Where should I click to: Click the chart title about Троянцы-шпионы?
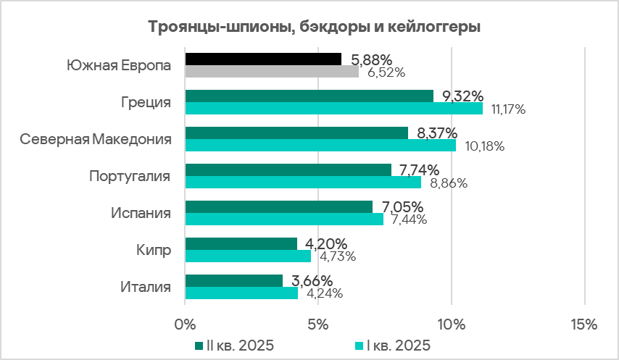(x=315, y=28)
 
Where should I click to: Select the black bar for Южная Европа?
(x=263, y=59)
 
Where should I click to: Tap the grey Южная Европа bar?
(x=272, y=72)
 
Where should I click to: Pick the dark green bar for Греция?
(x=309, y=96)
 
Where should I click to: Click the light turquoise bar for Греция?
(x=333, y=109)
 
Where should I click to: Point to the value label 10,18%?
(x=484, y=146)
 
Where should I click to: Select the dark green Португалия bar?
(x=288, y=170)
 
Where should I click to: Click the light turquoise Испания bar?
(x=284, y=219)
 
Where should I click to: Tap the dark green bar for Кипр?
(x=241, y=244)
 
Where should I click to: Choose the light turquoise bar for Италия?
(x=241, y=293)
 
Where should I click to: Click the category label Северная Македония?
(x=96, y=139)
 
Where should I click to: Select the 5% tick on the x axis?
(x=318, y=323)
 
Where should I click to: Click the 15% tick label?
(x=583, y=323)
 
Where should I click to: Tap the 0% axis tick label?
(x=186, y=323)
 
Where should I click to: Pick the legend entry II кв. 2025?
(x=235, y=345)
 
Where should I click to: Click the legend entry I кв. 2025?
(x=393, y=345)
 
